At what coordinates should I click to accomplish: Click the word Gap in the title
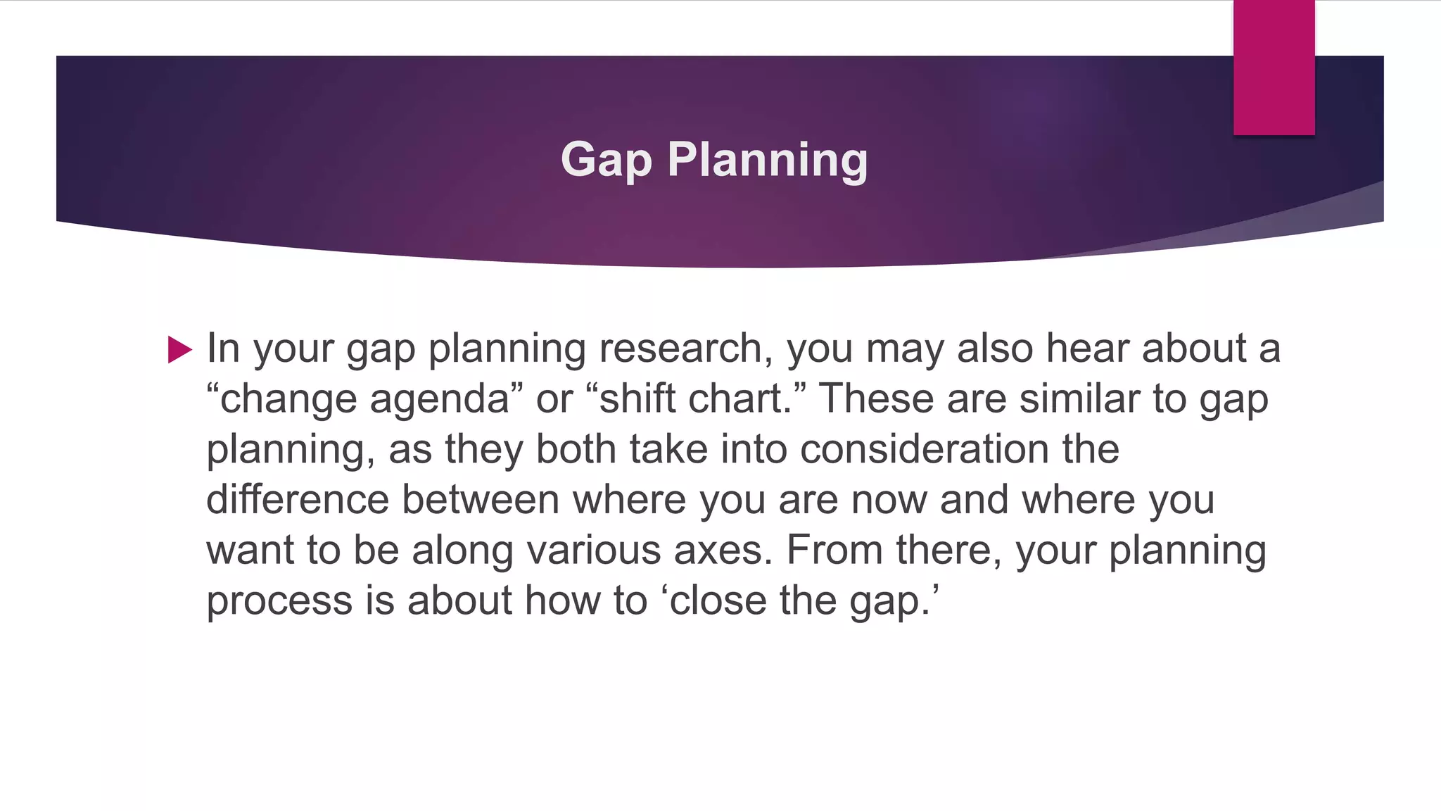pos(606,161)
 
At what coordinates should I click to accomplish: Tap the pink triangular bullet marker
pos(179,350)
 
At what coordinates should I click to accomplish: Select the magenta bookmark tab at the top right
pos(1274,67)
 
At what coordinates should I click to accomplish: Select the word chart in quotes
pos(739,399)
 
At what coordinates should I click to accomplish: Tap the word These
pos(876,399)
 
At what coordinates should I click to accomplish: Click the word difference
pos(297,500)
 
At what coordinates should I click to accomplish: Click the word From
pos(834,551)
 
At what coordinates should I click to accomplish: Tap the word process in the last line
pos(279,602)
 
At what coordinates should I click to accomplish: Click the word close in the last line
pos(718,602)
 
